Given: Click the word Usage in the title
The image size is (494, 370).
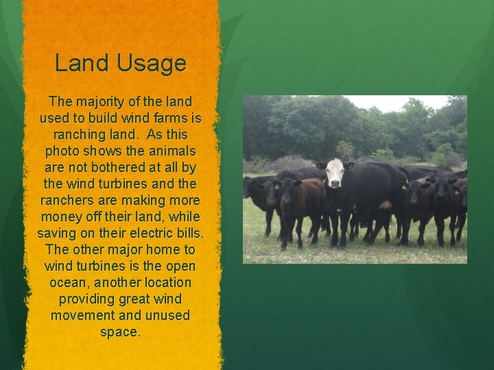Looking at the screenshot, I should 153,64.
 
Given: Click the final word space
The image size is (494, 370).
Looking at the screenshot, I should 120,332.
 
